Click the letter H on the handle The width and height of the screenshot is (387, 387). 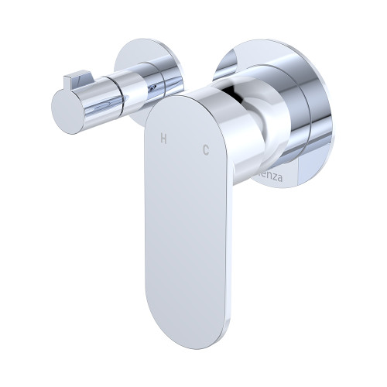tap(163, 139)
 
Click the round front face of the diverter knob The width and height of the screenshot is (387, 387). tap(64, 102)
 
